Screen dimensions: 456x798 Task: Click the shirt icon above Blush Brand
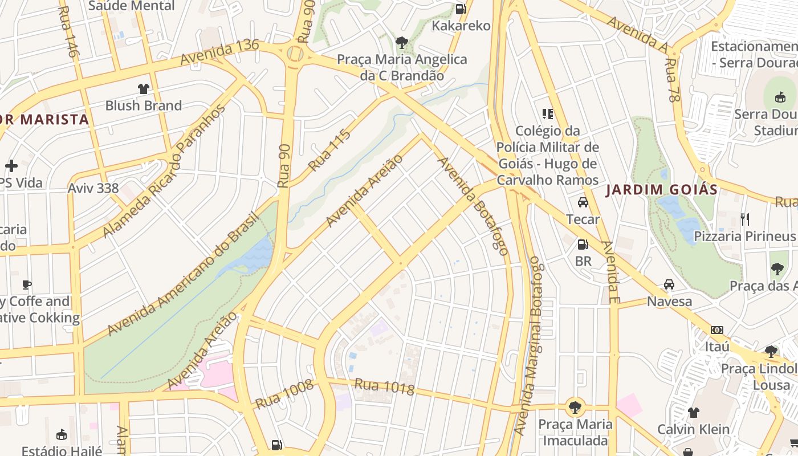[x=143, y=89]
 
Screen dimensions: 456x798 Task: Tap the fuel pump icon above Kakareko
[x=461, y=9]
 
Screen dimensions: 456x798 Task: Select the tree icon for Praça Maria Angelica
[x=402, y=42]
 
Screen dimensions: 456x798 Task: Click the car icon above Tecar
[x=583, y=202]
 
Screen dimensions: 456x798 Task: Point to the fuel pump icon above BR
[x=583, y=245]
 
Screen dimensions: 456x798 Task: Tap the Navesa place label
[x=669, y=301]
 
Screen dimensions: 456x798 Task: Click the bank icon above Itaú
[x=717, y=330]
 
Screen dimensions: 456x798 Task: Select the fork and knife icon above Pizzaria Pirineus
[x=744, y=219]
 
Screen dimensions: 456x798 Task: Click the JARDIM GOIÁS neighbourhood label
[x=661, y=190]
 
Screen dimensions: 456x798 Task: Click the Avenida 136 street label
[x=219, y=52]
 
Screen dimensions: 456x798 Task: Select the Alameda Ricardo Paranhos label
[x=164, y=171]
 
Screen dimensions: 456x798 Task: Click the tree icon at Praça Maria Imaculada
[x=575, y=407]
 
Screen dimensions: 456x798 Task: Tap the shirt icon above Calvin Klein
[x=693, y=412]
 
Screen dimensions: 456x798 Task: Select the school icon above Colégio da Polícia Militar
[x=548, y=114]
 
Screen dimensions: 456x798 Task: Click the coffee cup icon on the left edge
[x=26, y=284]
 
